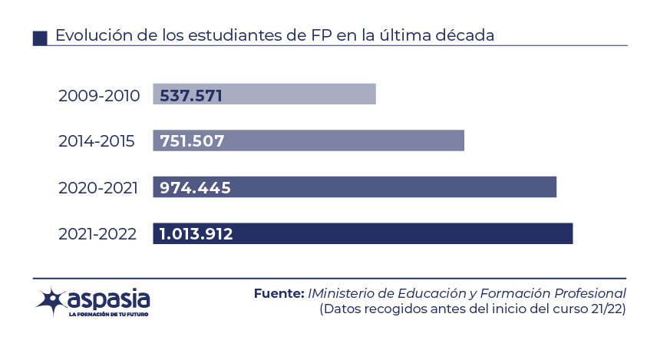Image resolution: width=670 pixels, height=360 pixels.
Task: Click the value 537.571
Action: [x=191, y=95]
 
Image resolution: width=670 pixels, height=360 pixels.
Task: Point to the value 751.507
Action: [x=192, y=141]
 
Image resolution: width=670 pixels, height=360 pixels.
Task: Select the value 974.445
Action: [x=195, y=188]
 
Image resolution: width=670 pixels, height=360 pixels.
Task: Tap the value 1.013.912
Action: [x=196, y=234]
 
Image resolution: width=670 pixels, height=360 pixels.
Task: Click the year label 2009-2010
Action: [x=99, y=96]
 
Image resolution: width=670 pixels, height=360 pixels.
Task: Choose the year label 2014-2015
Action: [x=97, y=142]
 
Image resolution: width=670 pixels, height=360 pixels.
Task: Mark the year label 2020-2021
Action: [x=98, y=188]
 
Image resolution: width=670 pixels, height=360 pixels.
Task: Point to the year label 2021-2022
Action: [x=97, y=234]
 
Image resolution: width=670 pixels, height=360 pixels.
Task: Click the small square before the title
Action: [x=41, y=38]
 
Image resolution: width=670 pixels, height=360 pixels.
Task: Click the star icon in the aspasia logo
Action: [x=51, y=301]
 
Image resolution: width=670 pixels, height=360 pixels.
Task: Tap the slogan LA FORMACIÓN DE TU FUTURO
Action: [x=108, y=315]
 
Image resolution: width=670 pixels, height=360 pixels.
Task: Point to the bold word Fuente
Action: [x=279, y=294]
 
